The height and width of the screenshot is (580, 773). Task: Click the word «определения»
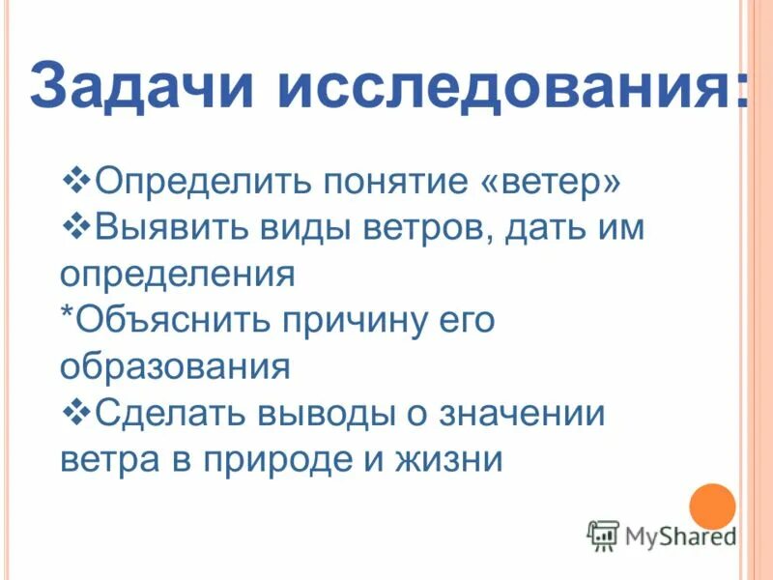click(x=177, y=275)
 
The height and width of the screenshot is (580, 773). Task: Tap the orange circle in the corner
click(x=713, y=505)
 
